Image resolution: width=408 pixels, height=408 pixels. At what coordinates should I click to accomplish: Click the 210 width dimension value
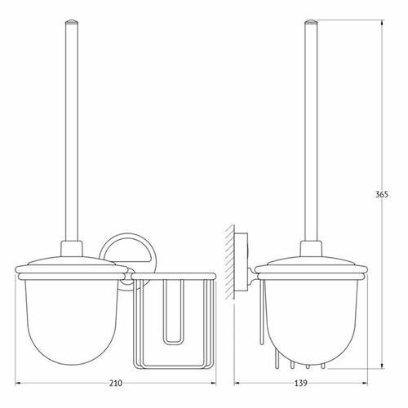coord(116,384)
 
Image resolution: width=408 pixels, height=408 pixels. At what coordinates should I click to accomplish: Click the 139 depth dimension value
coord(301,384)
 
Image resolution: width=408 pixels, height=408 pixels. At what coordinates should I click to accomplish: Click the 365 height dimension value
coord(382,194)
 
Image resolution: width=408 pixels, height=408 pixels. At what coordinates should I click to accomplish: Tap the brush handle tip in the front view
coord(72,22)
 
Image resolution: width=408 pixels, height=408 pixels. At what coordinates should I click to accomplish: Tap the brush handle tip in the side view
coord(311,22)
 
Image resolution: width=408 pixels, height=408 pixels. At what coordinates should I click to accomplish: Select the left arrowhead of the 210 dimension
coord(17,384)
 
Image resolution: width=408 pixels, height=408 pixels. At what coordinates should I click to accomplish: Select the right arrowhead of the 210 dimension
coord(213,384)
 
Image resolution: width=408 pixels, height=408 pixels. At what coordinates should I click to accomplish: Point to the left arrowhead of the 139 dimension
coord(237,384)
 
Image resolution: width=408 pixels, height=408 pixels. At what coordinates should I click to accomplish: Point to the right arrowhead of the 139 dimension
coord(365,384)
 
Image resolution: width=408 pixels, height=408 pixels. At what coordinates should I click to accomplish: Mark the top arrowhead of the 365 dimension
coord(382,23)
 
